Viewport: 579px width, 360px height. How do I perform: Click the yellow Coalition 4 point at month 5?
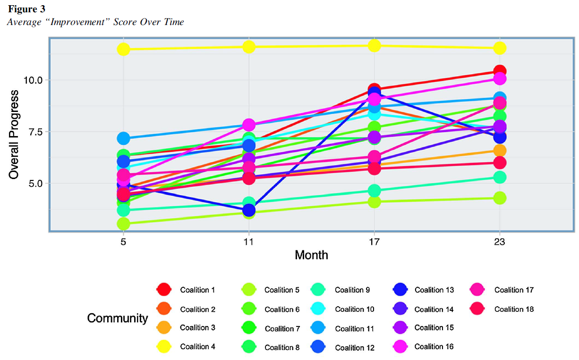click(123, 49)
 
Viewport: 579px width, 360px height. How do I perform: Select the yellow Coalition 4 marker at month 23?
click(500, 48)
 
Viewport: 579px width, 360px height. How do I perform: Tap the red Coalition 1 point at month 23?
click(500, 71)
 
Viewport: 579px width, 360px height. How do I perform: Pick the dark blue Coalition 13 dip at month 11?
click(249, 210)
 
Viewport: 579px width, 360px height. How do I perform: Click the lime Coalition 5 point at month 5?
click(123, 223)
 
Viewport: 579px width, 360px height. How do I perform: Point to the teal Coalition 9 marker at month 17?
click(375, 190)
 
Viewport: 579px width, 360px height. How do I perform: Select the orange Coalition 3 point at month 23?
click(500, 151)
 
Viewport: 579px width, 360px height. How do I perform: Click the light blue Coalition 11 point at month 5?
click(123, 138)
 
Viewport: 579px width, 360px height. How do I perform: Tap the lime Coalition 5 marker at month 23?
click(500, 197)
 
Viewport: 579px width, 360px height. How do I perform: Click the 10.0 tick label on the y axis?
click(34, 80)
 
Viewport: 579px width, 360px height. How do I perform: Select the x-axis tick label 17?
click(375, 242)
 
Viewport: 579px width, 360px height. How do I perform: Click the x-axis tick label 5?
click(123, 242)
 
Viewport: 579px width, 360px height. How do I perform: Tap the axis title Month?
click(311, 255)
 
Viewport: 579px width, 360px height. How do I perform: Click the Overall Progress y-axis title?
click(14, 135)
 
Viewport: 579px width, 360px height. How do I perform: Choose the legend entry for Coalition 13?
click(434, 290)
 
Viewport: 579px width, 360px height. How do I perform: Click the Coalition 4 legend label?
click(198, 347)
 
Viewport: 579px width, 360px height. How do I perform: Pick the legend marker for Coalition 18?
click(480, 309)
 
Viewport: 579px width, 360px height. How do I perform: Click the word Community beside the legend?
click(118, 318)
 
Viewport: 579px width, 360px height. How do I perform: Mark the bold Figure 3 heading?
click(26, 9)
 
